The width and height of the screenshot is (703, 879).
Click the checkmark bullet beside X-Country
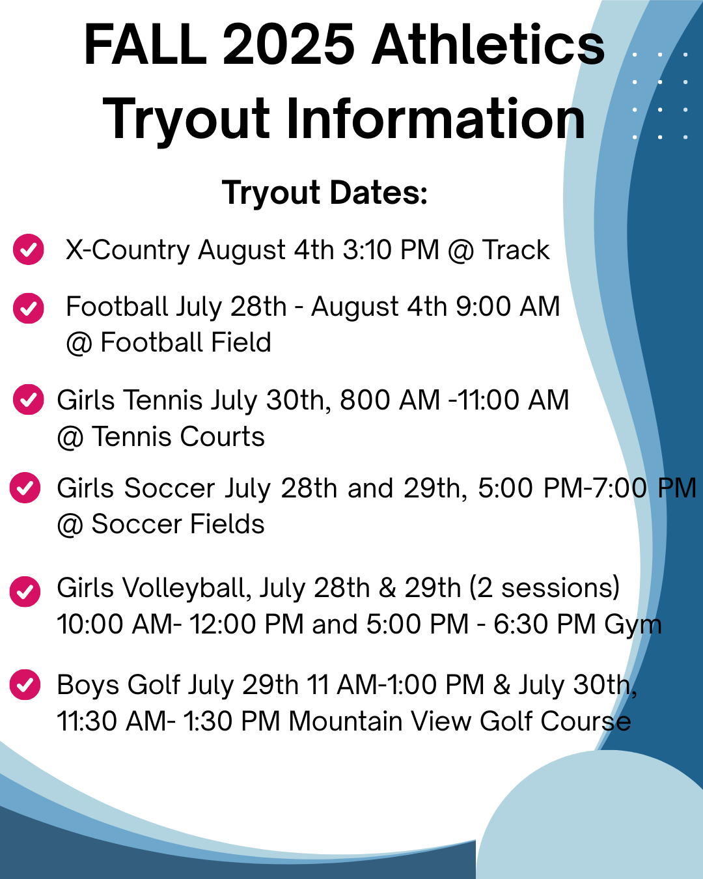(x=28, y=249)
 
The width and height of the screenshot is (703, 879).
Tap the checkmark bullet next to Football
(x=28, y=309)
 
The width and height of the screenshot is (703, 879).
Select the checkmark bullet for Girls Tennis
(x=28, y=400)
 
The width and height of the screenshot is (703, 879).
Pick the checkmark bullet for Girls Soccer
(x=25, y=487)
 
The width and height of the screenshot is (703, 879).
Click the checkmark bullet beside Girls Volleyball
(x=25, y=591)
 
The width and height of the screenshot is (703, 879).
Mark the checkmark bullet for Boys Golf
(x=25, y=684)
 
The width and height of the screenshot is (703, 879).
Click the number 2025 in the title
(x=288, y=44)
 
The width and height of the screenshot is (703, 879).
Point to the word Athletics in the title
(x=488, y=44)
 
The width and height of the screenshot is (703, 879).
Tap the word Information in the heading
(x=435, y=119)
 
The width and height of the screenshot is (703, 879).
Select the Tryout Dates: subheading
(x=325, y=192)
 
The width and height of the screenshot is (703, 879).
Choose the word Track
(x=516, y=249)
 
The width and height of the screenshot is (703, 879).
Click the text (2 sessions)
(x=544, y=588)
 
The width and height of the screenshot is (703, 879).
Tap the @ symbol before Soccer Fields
(x=70, y=525)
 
